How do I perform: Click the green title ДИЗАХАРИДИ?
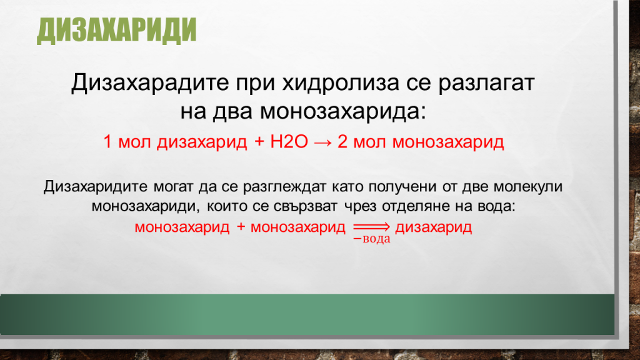(x=116, y=31)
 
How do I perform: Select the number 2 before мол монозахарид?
(x=342, y=142)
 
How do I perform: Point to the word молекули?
(x=530, y=186)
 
